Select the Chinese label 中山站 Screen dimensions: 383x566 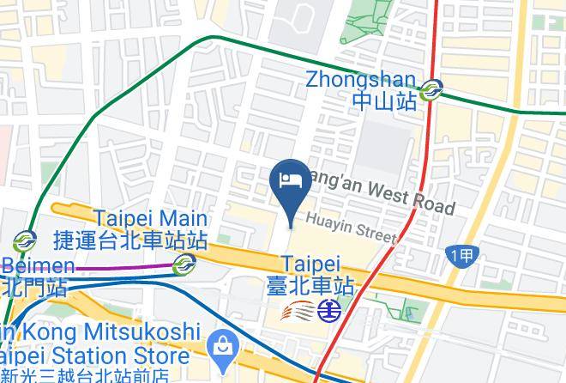pyautogui.click(x=384, y=101)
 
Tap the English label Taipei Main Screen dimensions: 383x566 pyautogui.click(x=150, y=218)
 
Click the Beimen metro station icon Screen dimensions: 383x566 pyautogui.click(x=24, y=240)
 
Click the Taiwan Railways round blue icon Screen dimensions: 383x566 pyautogui.click(x=328, y=307)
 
